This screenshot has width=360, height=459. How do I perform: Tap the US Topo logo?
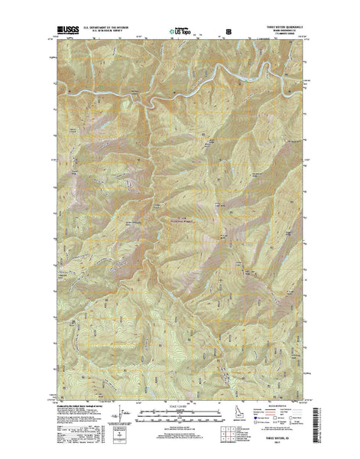click(x=180, y=32)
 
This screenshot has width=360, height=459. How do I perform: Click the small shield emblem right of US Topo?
click(x=227, y=32)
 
